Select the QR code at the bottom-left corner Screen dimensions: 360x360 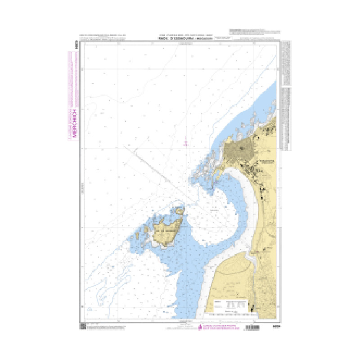tap(82, 326)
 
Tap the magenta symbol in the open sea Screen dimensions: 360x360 tap(186, 143)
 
